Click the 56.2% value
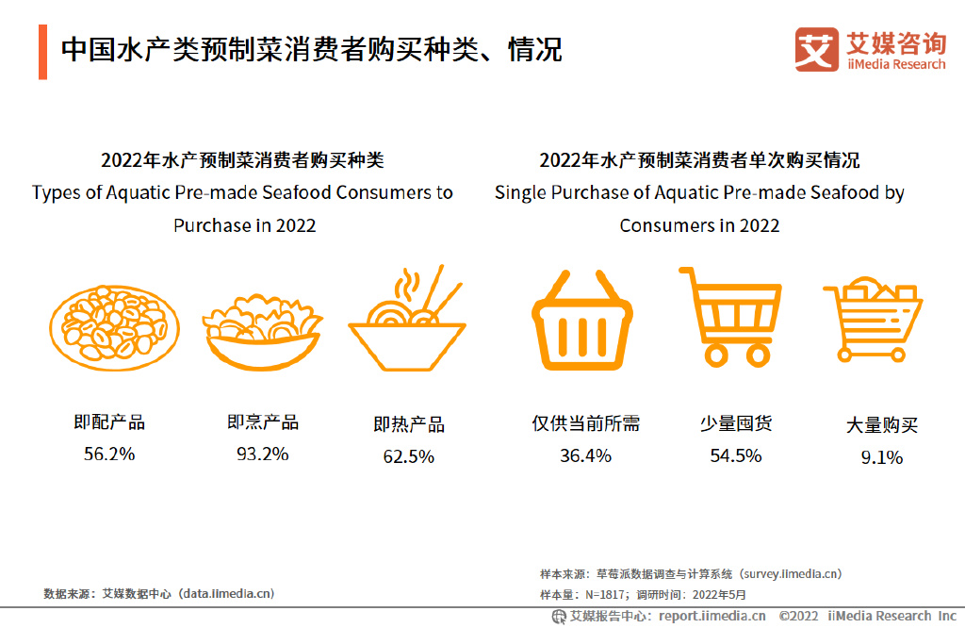[x=109, y=454]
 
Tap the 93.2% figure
[x=262, y=454]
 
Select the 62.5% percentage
[x=408, y=456]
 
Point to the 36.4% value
[x=585, y=455]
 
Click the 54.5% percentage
[x=735, y=455]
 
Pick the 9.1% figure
[x=881, y=457]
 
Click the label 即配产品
[x=109, y=422]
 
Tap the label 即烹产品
[x=262, y=422]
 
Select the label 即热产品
[x=408, y=424]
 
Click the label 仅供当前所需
[x=585, y=423]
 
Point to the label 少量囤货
[x=735, y=423]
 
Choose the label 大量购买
[x=881, y=425]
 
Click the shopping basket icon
[x=581, y=321]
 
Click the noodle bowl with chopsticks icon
[x=408, y=321]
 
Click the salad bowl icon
[x=262, y=330]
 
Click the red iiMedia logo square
[x=816, y=49]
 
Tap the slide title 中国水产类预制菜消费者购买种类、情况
[x=311, y=50]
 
